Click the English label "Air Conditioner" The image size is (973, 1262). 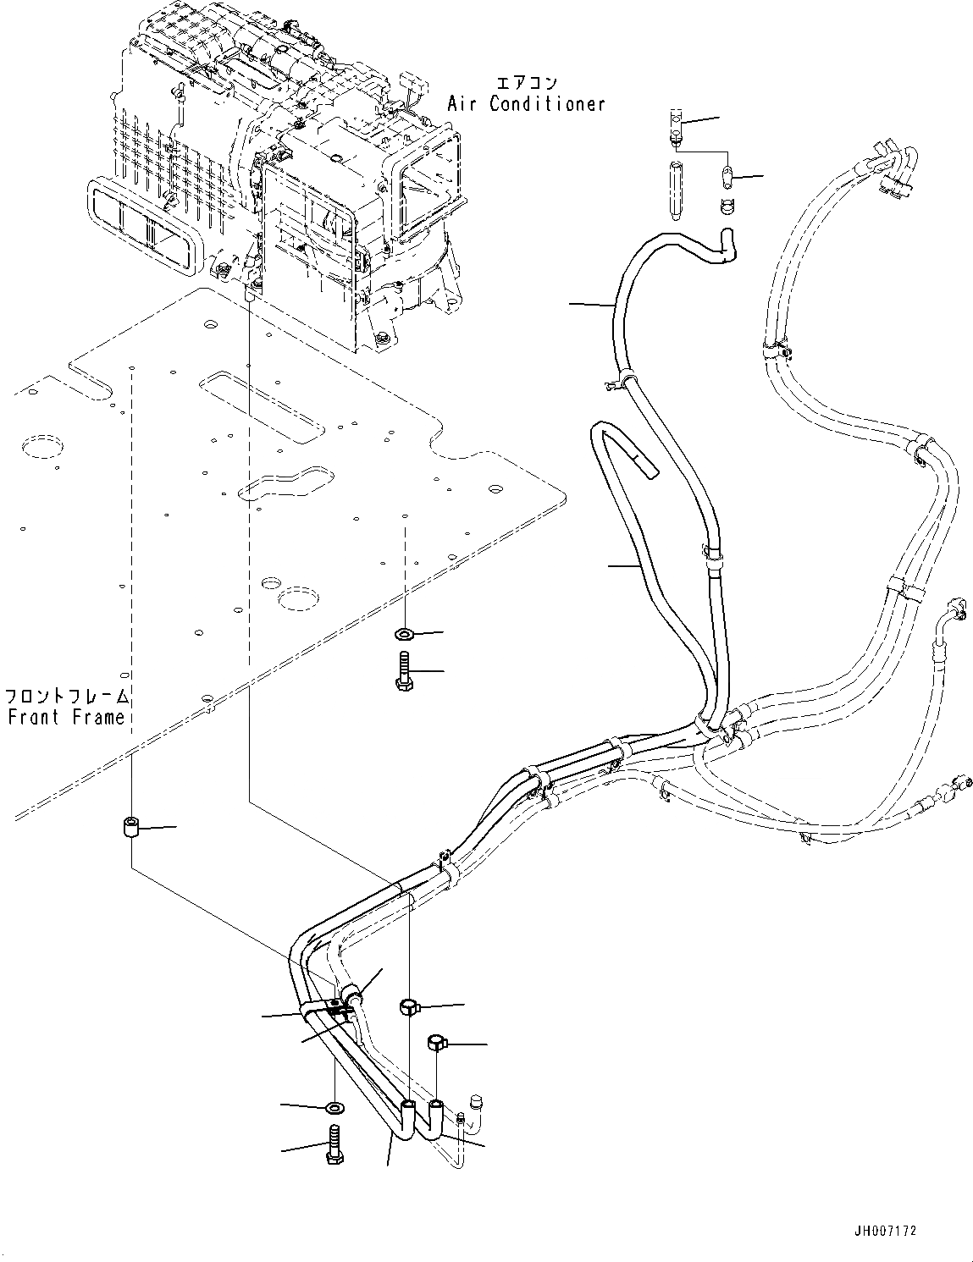click(526, 104)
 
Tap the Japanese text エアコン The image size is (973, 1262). click(526, 82)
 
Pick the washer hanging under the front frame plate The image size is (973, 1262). click(404, 633)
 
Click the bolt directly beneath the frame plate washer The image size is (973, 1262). click(404, 671)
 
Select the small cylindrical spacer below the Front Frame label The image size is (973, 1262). click(131, 826)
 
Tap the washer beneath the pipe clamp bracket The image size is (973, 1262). click(334, 1106)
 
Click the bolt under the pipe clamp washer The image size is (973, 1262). click(333, 1144)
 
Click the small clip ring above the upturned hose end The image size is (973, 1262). click(726, 205)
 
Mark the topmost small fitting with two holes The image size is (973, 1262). click(675, 120)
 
